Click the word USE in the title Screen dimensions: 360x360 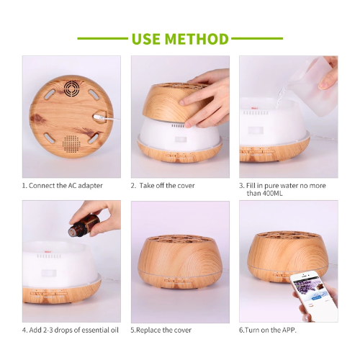[x=150, y=39]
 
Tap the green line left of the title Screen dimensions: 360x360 [x=102, y=39]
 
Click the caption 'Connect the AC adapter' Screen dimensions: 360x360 [x=66, y=185]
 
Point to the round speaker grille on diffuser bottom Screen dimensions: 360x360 [x=71, y=143]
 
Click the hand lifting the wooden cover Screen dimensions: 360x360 [x=209, y=90]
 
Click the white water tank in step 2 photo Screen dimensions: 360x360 [x=180, y=130]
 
